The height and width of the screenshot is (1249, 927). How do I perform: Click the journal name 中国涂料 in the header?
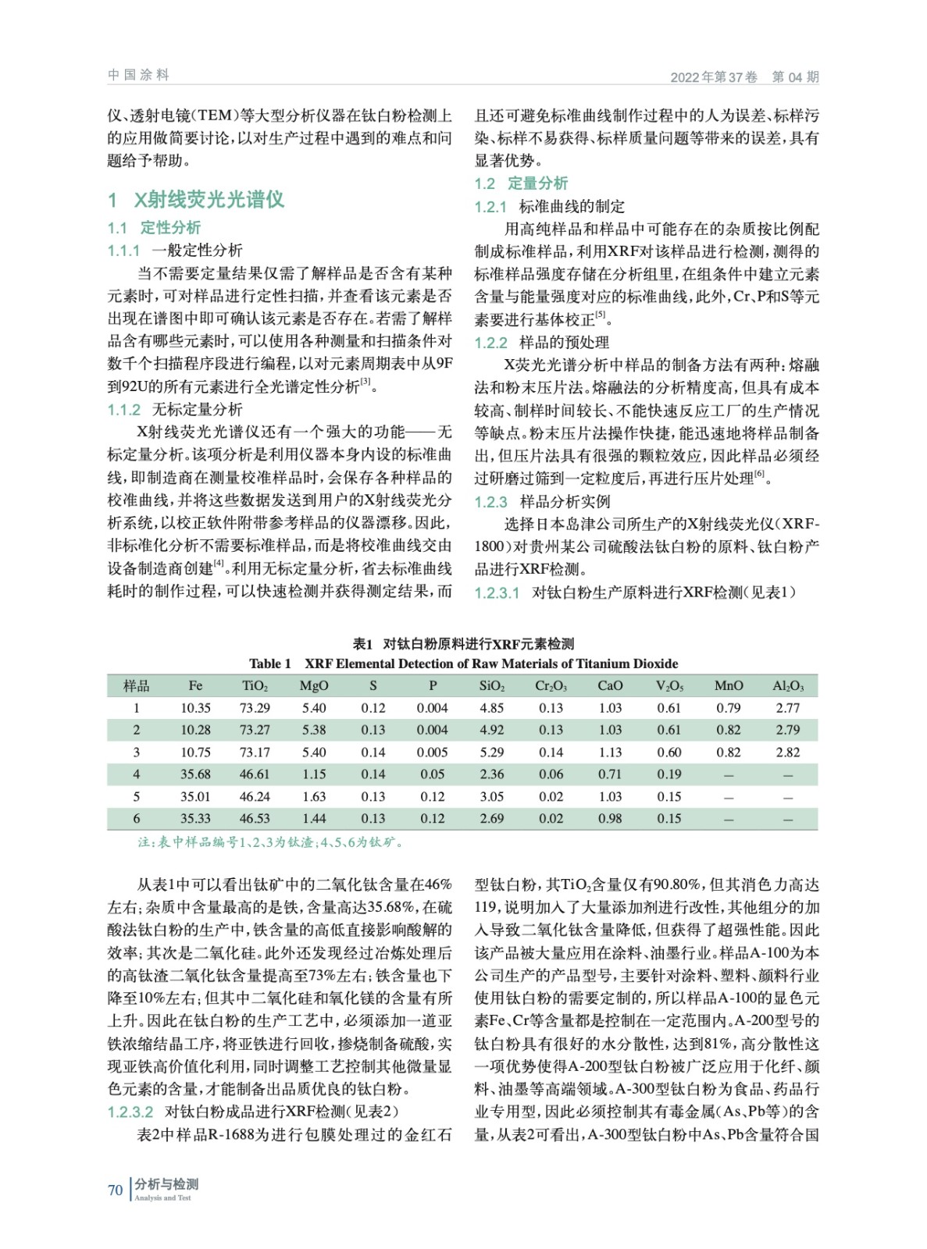click(138, 75)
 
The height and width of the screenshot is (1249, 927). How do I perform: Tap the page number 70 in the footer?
click(116, 1190)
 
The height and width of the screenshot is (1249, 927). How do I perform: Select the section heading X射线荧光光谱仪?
click(209, 199)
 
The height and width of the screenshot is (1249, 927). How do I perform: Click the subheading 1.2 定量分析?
click(521, 183)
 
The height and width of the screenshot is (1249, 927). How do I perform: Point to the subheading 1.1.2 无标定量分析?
click(175, 409)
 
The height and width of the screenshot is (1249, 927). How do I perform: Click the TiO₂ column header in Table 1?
click(255, 686)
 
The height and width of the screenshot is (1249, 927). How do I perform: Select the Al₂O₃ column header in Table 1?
click(787, 686)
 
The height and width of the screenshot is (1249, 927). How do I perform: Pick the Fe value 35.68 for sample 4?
click(195, 774)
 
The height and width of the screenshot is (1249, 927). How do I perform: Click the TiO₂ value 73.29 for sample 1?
click(255, 708)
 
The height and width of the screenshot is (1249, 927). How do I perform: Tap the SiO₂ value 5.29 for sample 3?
click(491, 753)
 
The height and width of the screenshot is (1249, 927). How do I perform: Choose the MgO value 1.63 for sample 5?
click(314, 797)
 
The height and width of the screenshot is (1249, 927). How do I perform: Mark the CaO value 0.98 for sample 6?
click(610, 819)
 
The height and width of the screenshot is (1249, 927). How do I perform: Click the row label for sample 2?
click(137, 730)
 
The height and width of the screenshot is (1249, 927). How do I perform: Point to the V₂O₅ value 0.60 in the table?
click(669, 753)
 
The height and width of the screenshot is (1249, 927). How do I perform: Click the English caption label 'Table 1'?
click(269, 664)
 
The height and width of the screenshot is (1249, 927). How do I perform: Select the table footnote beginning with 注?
click(270, 842)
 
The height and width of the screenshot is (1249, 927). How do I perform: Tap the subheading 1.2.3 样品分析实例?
click(542, 501)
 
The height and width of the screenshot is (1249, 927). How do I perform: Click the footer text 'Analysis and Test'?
click(162, 1197)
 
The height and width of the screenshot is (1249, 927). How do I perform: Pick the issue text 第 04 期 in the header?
click(795, 77)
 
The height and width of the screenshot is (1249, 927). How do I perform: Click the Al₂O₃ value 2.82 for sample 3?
click(787, 753)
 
